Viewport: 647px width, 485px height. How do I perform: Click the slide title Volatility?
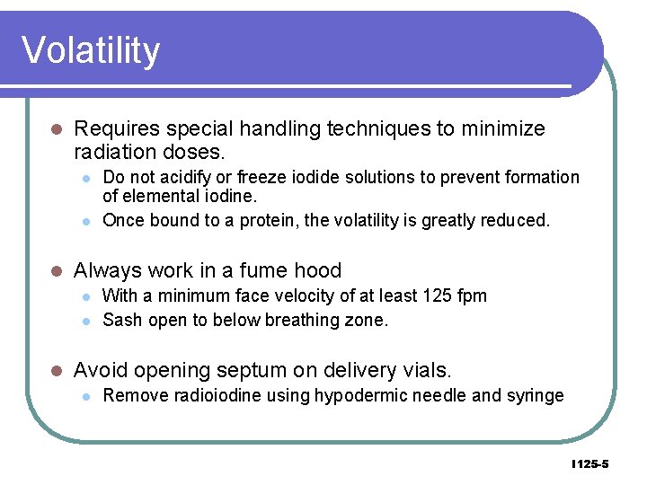91,50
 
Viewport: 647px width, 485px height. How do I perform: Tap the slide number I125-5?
589,464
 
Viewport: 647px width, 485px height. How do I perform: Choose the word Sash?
122,321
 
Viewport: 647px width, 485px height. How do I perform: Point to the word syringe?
535,395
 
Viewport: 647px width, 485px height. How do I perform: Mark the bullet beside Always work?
55,271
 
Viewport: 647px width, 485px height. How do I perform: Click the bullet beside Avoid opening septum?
55,370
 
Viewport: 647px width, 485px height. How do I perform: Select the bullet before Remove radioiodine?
85,396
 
